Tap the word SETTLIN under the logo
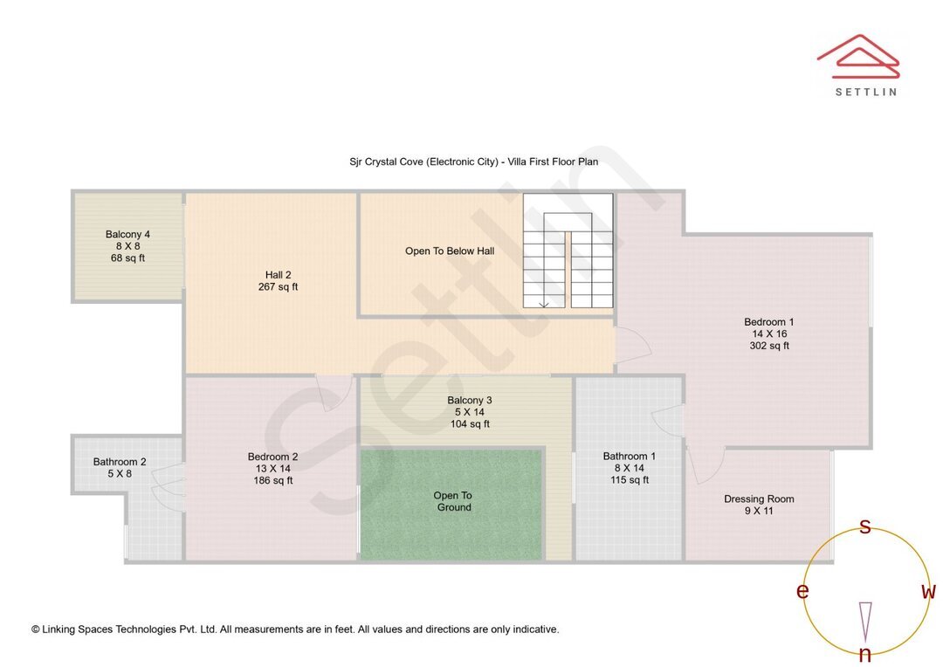(865, 91)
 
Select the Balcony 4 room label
(127, 234)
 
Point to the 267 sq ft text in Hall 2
(278, 287)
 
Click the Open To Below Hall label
(450, 251)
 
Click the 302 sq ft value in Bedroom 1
(769, 346)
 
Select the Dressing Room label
(759, 499)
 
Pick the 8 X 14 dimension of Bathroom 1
(629, 468)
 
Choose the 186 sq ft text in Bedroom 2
(273, 480)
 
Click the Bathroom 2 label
(120, 462)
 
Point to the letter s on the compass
(865, 526)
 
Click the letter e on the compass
(802, 592)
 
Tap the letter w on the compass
(928, 592)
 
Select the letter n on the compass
(865, 655)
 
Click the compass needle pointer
(865, 621)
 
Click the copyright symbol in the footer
(36, 629)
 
